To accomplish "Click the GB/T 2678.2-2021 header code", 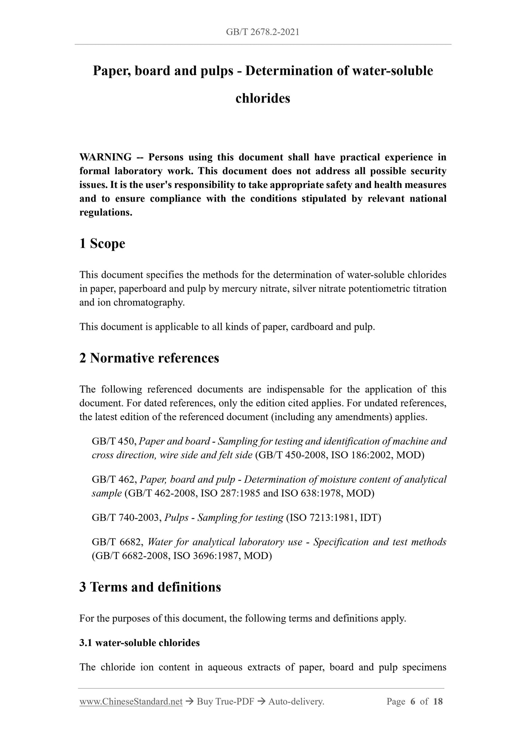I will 262,32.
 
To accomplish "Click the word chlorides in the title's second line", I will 262,98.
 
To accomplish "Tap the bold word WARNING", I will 106,157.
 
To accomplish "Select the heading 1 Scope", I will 102,244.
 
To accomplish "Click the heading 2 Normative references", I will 149,358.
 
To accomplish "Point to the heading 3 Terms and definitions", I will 150,587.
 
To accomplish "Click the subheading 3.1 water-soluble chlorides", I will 139,643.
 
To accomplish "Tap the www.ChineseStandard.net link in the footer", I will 131,701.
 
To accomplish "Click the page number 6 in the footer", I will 412,701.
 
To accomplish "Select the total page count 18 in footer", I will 438,701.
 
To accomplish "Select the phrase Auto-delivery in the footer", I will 296,701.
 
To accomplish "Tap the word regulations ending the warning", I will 106,213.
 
